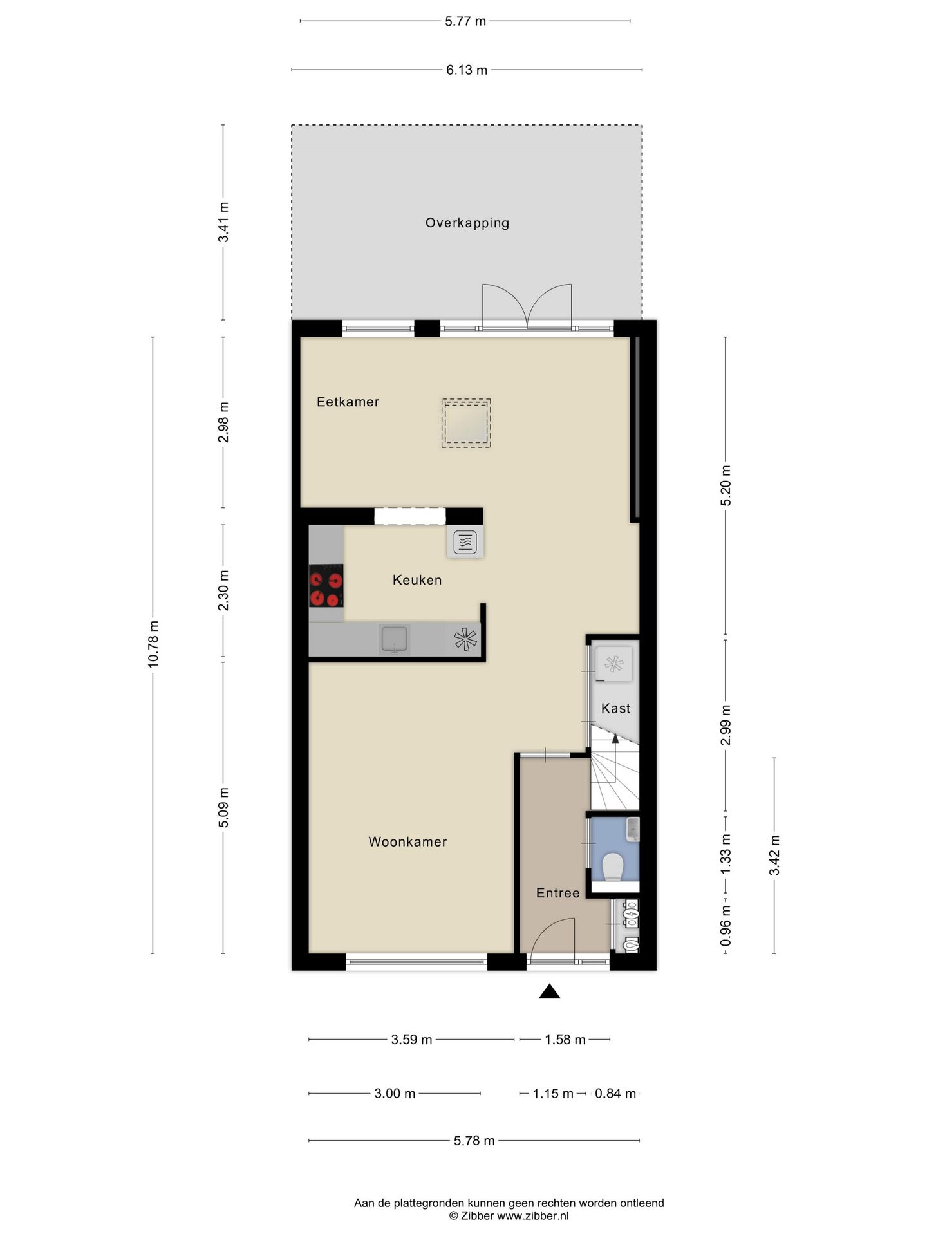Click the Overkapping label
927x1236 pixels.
pyautogui.click(x=467, y=223)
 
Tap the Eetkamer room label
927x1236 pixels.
pyautogui.click(x=348, y=402)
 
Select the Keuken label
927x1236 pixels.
pyautogui.click(x=417, y=580)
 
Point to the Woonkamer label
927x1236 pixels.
pyautogui.click(x=407, y=841)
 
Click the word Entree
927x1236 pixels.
pyautogui.click(x=557, y=893)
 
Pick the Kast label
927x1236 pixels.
pyautogui.click(x=615, y=708)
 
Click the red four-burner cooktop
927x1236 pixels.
pyautogui.click(x=326, y=586)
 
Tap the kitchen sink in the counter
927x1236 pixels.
pyautogui.click(x=395, y=639)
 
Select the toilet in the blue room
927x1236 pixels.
pyautogui.click(x=613, y=866)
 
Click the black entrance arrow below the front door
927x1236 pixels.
pyautogui.click(x=549, y=992)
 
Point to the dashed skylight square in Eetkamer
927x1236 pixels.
pyautogui.click(x=466, y=423)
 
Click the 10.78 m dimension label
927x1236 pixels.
pyautogui.click(x=153, y=644)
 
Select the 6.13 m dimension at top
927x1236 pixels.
pyautogui.click(x=466, y=70)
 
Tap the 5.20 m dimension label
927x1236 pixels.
pyautogui.click(x=726, y=485)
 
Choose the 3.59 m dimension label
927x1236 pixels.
pyautogui.click(x=411, y=1039)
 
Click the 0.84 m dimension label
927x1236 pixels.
pyautogui.click(x=615, y=1093)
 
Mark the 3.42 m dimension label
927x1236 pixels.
pyautogui.click(x=774, y=855)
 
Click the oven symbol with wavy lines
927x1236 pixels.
pyautogui.click(x=465, y=543)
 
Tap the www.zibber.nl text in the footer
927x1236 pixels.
pyautogui.click(x=533, y=1216)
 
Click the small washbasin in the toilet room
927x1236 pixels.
pyautogui.click(x=633, y=829)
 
